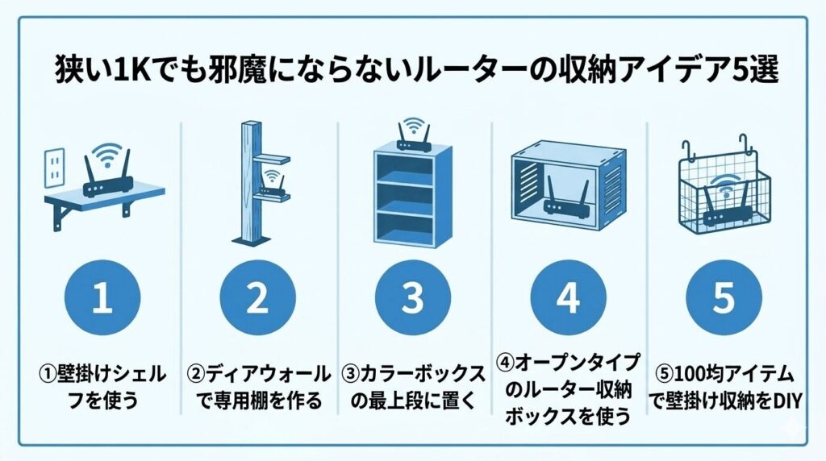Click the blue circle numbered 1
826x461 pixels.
pyautogui.click(x=102, y=298)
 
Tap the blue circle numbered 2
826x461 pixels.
pyautogui.click(x=257, y=298)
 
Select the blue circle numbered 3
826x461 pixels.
pyautogui.click(x=412, y=298)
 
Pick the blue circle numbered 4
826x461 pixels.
pyautogui.click(x=568, y=298)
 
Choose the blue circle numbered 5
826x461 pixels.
pyautogui.click(x=723, y=298)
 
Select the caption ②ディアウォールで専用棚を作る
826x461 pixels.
pyautogui.click(x=258, y=386)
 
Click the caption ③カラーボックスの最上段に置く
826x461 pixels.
pyautogui.click(x=413, y=386)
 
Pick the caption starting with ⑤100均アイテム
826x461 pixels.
pyautogui.click(x=724, y=386)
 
